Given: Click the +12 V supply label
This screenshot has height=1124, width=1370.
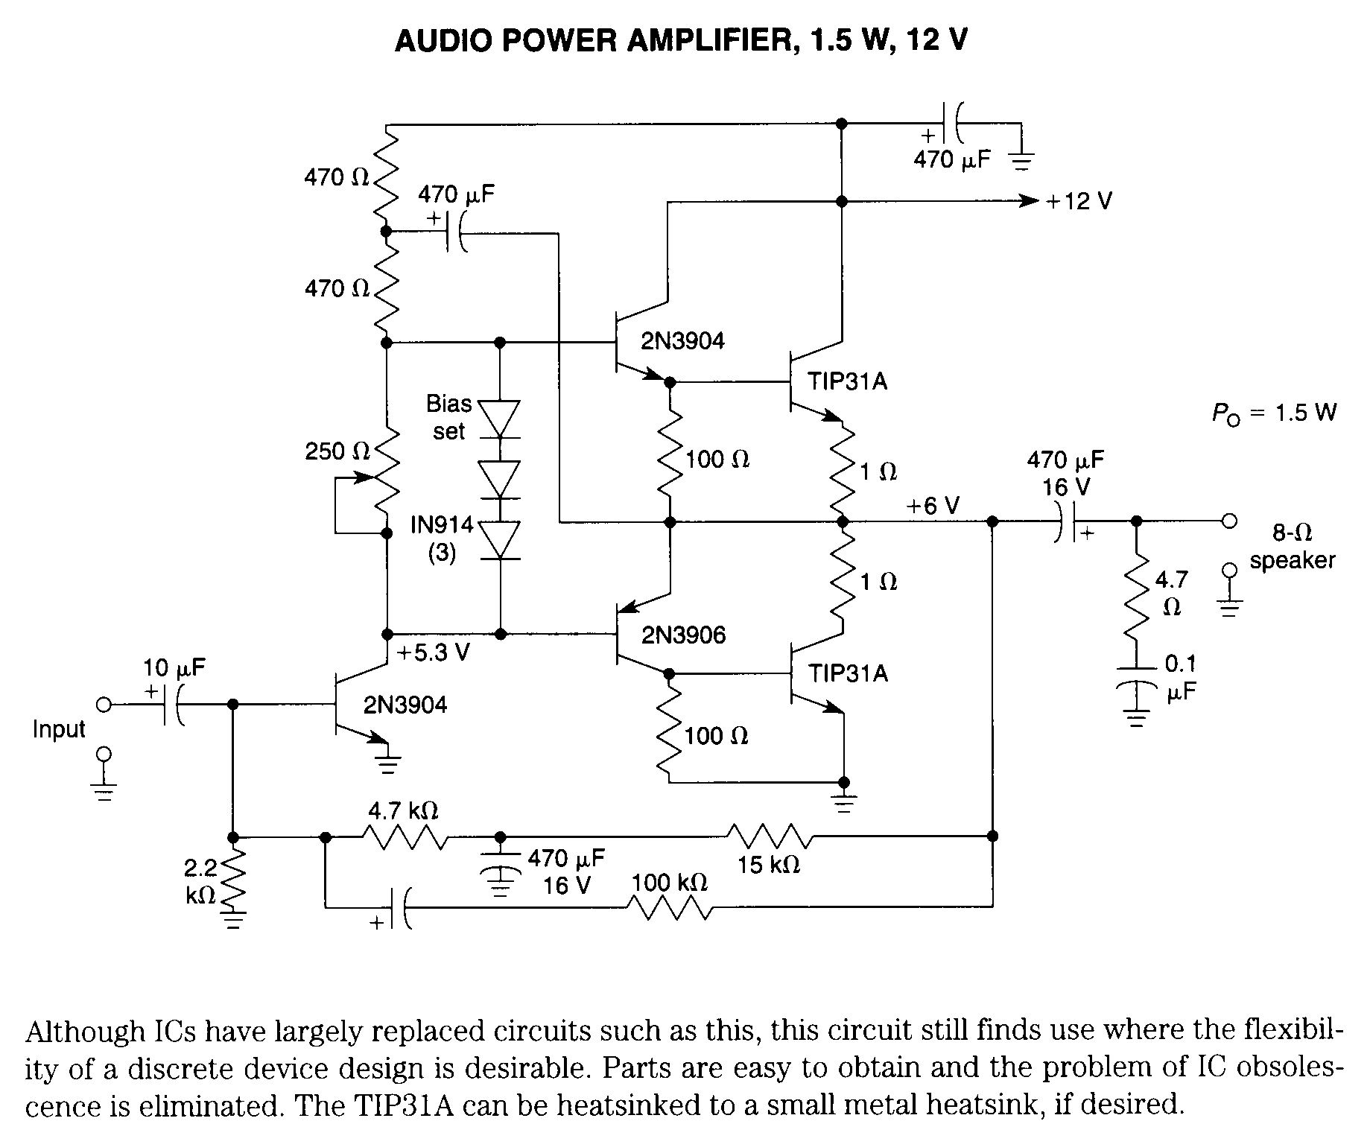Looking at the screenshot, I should pyautogui.click(x=1079, y=202).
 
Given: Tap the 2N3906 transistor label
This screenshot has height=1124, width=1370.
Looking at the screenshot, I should pyautogui.click(x=683, y=635).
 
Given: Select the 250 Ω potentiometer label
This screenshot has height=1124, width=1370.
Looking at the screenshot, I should pyautogui.click(x=337, y=451).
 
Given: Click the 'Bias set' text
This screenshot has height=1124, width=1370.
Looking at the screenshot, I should pyautogui.click(x=449, y=417).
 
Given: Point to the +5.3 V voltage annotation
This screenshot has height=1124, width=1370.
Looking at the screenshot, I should pyautogui.click(x=434, y=653).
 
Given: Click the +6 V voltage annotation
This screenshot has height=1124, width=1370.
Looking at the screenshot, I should pyautogui.click(x=933, y=507).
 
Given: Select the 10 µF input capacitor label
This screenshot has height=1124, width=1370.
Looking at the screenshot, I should pyautogui.click(x=174, y=668).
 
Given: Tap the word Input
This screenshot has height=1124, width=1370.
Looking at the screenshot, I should pyautogui.click(x=59, y=729).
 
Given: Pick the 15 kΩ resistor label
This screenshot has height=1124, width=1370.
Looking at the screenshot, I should pyautogui.click(x=769, y=865).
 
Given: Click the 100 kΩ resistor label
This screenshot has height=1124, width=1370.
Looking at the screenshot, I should pyautogui.click(x=670, y=883).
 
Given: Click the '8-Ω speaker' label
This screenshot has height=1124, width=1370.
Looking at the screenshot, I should pyautogui.click(x=1293, y=547).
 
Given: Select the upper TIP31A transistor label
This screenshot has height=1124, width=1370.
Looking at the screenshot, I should pyautogui.click(x=849, y=382).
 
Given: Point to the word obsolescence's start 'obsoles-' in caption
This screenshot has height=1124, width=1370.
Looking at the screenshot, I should pyautogui.click(x=1289, y=1067).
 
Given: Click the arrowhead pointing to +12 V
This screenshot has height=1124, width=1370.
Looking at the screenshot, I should pyautogui.click(x=1030, y=202).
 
